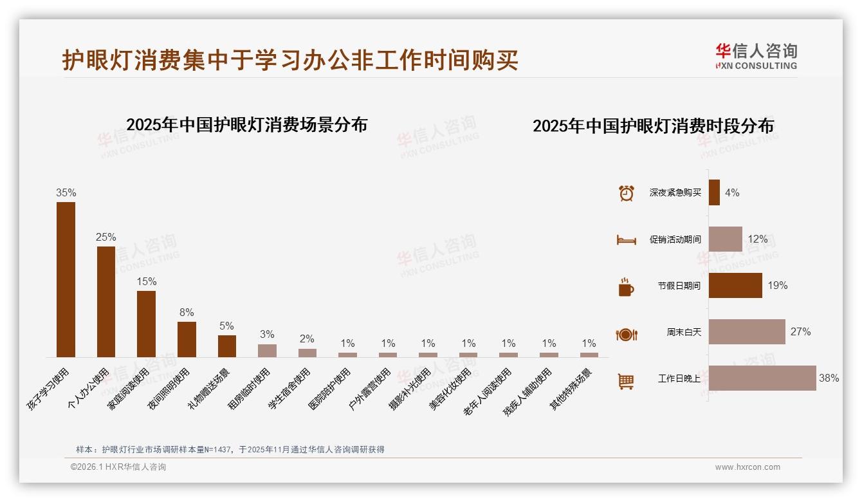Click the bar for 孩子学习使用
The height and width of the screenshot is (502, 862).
(x=66, y=279)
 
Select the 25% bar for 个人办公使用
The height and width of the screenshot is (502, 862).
(x=106, y=301)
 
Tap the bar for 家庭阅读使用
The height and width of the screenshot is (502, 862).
(x=146, y=324)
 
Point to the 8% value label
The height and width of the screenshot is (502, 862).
(x=187, y=313)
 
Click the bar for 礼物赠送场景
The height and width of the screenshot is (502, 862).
(x=227, y=346)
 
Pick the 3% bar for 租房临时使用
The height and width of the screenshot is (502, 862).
(x=267, y=351)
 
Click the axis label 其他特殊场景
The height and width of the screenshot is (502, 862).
(x=571, y=389)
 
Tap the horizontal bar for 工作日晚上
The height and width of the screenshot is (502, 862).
(x=762, y=378)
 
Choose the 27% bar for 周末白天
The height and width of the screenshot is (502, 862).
(x=747, y=331)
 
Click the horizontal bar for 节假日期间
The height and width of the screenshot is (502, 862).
(x=735, y=285)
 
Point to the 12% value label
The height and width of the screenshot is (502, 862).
(x=757, y=239)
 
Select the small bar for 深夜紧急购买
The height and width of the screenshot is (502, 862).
(x=714, y=192)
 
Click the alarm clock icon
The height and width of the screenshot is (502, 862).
(x=626, y=192)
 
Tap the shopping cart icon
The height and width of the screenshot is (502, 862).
(x=626, y=381)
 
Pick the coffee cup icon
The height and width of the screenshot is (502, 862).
(x=626, y=287)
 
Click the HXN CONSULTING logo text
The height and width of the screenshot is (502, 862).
(x=757, y=66)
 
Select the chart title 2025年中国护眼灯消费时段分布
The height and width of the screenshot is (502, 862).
(x=653, y=126)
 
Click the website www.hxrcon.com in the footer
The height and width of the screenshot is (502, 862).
(x=747, y=467)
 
